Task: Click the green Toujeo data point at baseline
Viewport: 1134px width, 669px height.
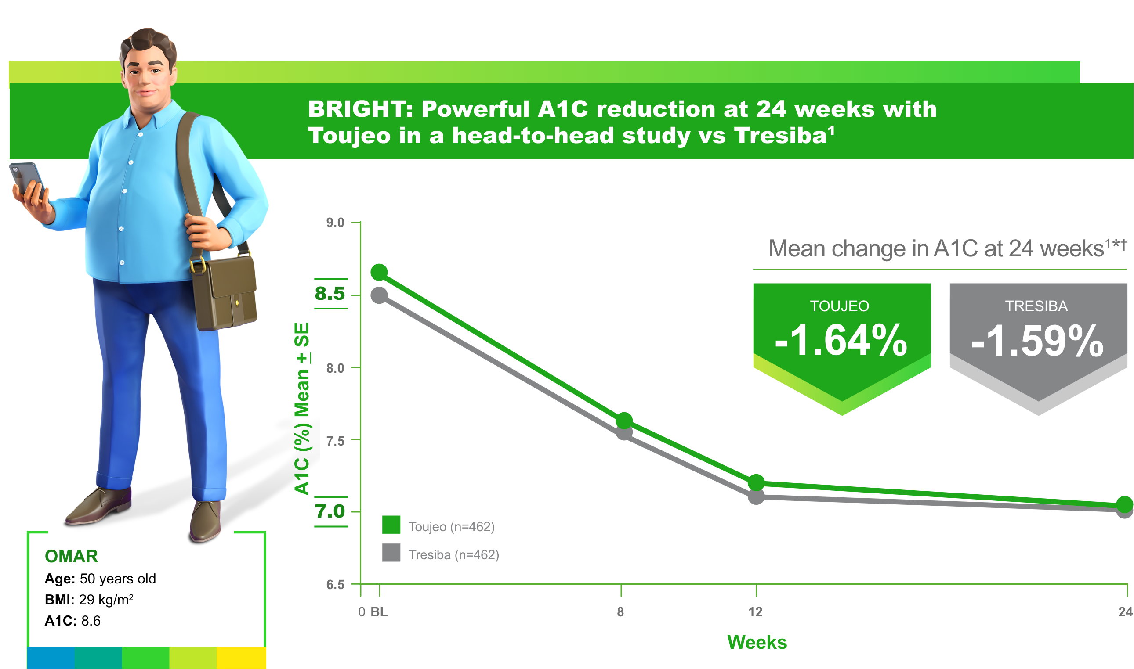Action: [x=379, y=272]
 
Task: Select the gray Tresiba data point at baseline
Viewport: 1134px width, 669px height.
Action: [x=379, y=295]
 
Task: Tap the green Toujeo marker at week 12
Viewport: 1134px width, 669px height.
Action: [x=756, y=482]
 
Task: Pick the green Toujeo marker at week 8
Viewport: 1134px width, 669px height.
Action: [x=624, y=421]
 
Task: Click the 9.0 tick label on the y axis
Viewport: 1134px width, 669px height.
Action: [x=335, y=223]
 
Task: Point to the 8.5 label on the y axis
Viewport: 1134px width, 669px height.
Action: [x=330, y=294]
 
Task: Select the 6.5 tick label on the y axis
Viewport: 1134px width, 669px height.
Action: [x=335, y=585]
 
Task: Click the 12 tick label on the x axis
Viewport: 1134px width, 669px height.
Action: [x=756, y=612]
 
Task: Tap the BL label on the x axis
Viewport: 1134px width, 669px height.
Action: [x=379, y=612]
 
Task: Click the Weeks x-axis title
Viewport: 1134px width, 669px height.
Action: [x=757, y=642]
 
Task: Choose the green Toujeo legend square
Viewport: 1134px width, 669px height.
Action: [x=391, y=525]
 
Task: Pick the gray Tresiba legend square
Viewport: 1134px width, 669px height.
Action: [x=391, y=553]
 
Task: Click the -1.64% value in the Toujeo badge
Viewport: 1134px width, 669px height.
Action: [x=841, y=341]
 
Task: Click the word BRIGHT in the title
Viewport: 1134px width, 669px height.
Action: [x=360, y=110]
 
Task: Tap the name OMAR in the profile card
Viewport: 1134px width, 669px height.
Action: [x=71, y=556]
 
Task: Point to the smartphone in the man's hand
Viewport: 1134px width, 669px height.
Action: [x=27, y=179]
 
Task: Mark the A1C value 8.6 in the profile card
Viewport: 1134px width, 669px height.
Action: [x=91, y=621]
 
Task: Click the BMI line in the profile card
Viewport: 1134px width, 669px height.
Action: [x=89, y=600]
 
